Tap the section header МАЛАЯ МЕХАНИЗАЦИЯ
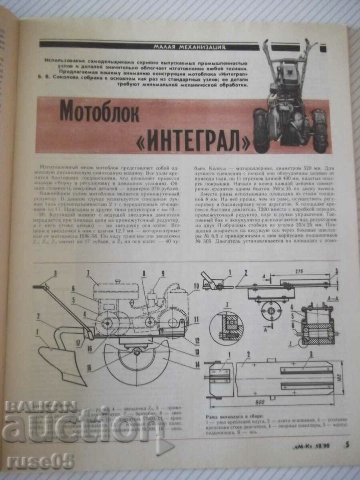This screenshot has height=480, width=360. pos(189,47)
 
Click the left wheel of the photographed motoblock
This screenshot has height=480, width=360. pos(261,131)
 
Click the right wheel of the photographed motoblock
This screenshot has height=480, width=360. pos(320,131)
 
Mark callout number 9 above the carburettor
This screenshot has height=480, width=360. pos(163,274)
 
